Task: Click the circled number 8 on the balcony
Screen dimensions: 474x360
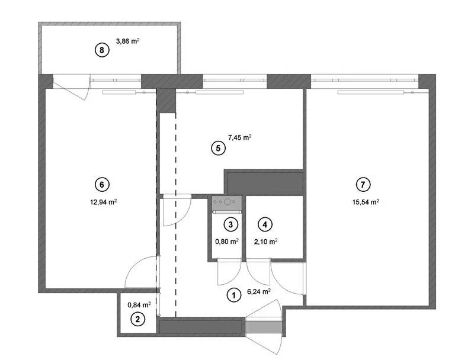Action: click(102, 50)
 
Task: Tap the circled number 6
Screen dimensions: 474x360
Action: click(102, 185)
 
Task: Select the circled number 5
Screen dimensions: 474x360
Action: click(219, 149)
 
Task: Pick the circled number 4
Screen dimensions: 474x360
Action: click(265, 224)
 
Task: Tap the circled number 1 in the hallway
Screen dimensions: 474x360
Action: click(234, 294)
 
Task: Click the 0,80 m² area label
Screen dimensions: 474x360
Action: click(227, 241)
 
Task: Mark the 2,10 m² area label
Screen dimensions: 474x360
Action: click(266, 241)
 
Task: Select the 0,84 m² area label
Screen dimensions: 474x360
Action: click(139, 304)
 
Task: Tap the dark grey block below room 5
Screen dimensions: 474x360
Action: click(264, 182)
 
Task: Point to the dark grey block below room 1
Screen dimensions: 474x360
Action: click(201, 326)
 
